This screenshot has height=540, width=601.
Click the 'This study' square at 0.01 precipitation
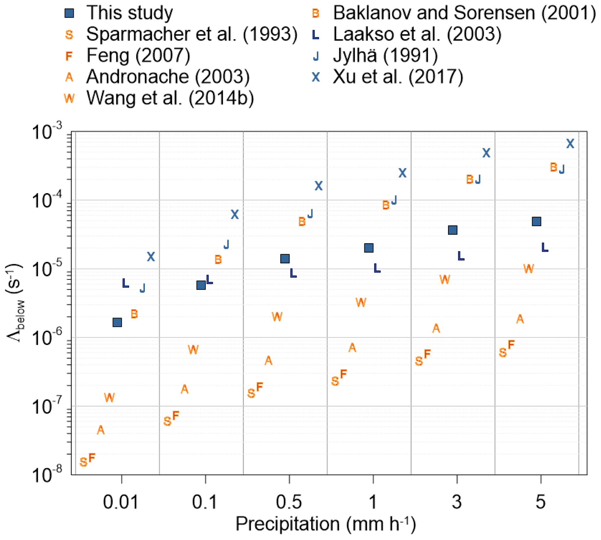pyautogui.click(x=117, y=322)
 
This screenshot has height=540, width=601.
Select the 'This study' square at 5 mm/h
pyautogui.click(x=536, y=221)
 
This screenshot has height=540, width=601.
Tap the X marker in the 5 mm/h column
pyautogui.click(x=570, y=144)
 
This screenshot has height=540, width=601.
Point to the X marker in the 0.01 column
pyautogui.click(x=151, y=257)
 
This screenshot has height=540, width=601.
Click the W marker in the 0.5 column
pyautogui.click(x=277, y=316)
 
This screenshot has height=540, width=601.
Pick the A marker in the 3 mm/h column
pyautogui.click(x=436, y=328)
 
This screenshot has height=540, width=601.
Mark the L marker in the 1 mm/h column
pyautogui.click(x=377, y=268)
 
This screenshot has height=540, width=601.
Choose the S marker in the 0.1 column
pyautogui.click(x=167, y=421)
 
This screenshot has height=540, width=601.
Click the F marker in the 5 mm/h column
pyautogui.click(x=511, y=345)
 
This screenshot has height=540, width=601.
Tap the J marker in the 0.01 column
pyautogui.click(x=142, y=288)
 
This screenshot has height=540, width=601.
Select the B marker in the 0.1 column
pyautogui.click(x=218, y=260)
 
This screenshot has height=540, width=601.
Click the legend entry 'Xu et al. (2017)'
pyautogui.click(x=398, y=77)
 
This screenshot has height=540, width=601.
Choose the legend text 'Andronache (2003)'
pyautogui.click(x=168, y=77)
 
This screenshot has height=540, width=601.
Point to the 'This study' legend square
pyautogui.click(x=69, y=13)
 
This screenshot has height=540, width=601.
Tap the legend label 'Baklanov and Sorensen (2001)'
pyautogui.click(x=464, y=13)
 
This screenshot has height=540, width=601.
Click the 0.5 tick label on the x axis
pyautogui.click(x=289, y=502)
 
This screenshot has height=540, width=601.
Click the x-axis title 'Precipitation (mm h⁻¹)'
pyautogui.click(x=326, y=525)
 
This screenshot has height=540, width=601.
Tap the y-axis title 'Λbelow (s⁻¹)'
pyautogui.click(x=15, y=303)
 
